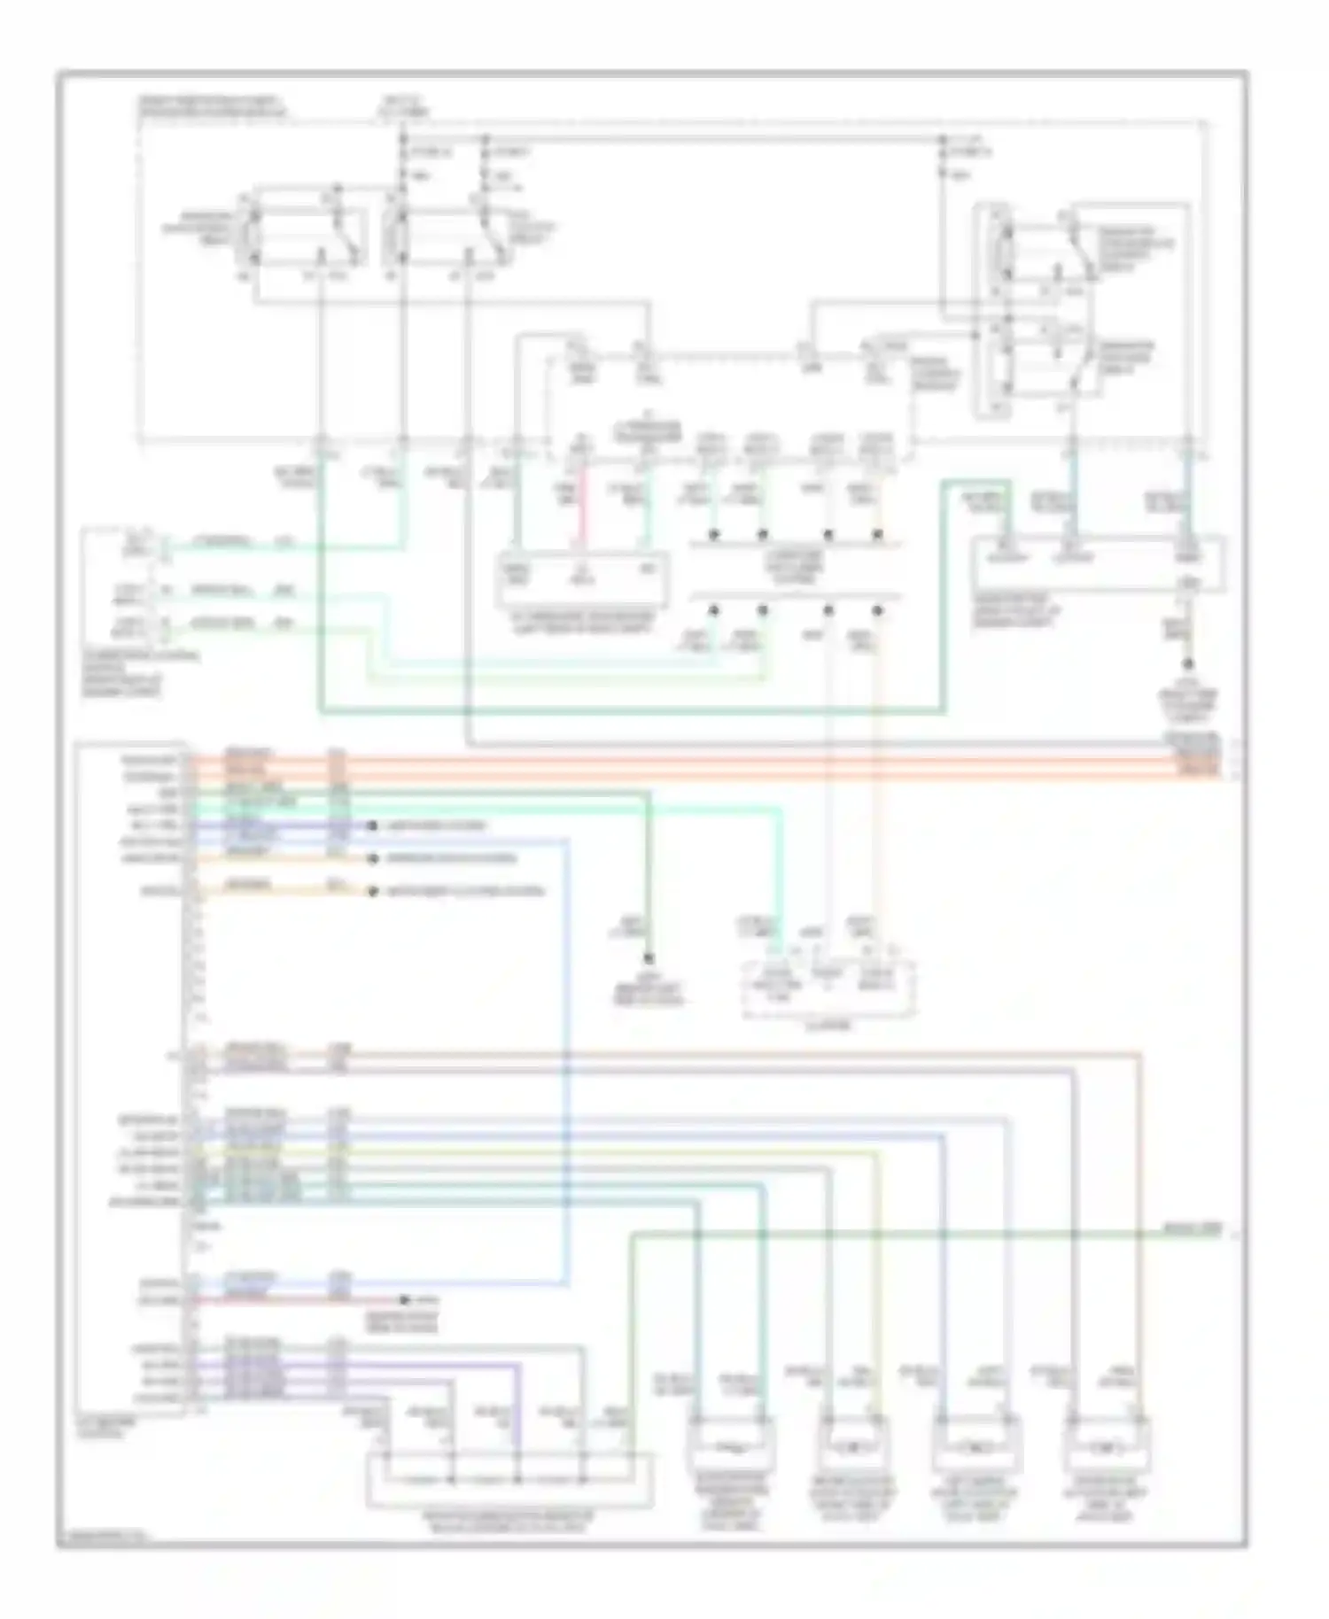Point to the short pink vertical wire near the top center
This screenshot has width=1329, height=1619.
point(582,512)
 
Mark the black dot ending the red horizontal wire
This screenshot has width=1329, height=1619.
point(405,1300)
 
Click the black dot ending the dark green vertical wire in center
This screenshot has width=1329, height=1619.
point(649,959)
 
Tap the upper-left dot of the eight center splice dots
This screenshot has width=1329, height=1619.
point(712,535)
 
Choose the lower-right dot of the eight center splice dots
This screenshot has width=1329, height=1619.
point(877,609)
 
